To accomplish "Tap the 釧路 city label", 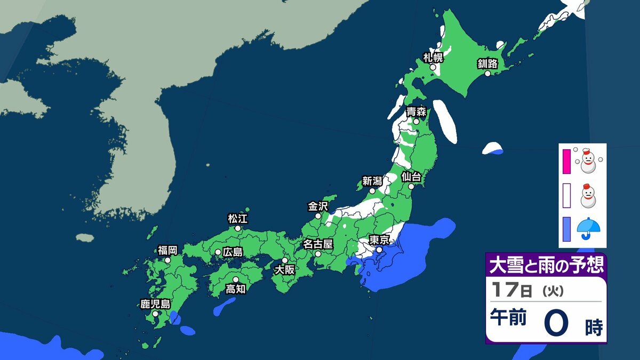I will pos(487,64).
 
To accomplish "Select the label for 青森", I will pos(416,112).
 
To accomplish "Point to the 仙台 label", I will pos(412,176).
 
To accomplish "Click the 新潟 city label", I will pos(372,181).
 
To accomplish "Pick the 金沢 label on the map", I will pos(318,206).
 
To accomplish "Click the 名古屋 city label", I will pos(318,244).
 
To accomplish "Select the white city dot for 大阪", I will pos(285,260).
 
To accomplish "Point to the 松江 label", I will pos(238,218).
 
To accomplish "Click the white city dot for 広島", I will pos(218,252).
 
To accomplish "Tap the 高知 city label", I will pos(235,289).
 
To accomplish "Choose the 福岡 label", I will pos(167,250).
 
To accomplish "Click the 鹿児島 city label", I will pos(155,305).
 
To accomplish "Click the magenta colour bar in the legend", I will pos(566,162).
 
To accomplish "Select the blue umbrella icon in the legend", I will pos(588,228).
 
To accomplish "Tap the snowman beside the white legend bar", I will pos(587,195).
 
